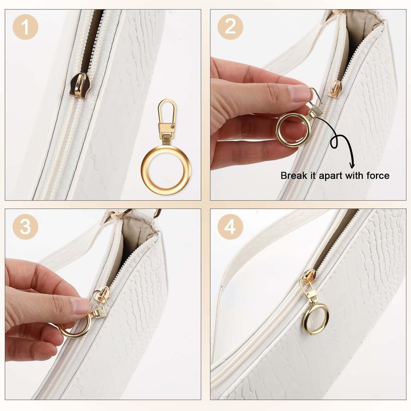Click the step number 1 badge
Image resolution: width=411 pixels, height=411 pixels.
25,27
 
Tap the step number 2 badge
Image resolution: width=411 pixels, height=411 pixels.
230,27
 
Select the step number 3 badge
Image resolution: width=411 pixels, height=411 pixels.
25,226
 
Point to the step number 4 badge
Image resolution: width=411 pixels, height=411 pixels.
230,226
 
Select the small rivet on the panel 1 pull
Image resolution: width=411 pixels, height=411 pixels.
173,127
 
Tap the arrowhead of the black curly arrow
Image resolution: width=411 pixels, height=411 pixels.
352,165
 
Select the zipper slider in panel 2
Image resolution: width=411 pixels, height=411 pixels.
334,88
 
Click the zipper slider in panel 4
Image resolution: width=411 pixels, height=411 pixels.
309,277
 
